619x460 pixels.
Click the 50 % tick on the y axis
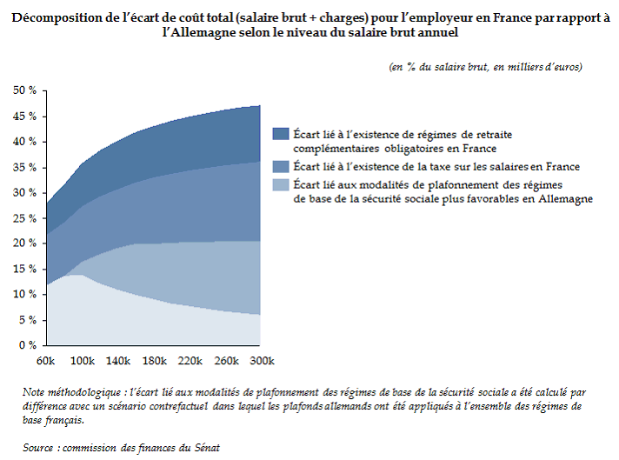click(x=23, y=90)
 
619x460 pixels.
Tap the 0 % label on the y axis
click(x=27, y=346)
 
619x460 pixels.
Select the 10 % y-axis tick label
click(x=23, y=295)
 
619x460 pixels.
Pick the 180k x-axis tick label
click(x=155, y=361)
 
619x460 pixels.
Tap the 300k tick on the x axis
click(x=261, y=361)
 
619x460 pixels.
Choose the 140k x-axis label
click(x=119, y=361)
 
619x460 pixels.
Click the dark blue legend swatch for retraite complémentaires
click(x=281, y=134)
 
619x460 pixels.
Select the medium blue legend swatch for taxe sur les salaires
click(x=281, y=166)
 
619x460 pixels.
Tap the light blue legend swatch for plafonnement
click(x=281, y=184)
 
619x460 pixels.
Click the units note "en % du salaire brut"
click(x=447, y=67)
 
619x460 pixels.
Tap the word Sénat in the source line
click(x=206, y=448)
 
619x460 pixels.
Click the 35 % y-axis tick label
click(x=23, y=167)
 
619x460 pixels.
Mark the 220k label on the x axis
click(x=190, y=361)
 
